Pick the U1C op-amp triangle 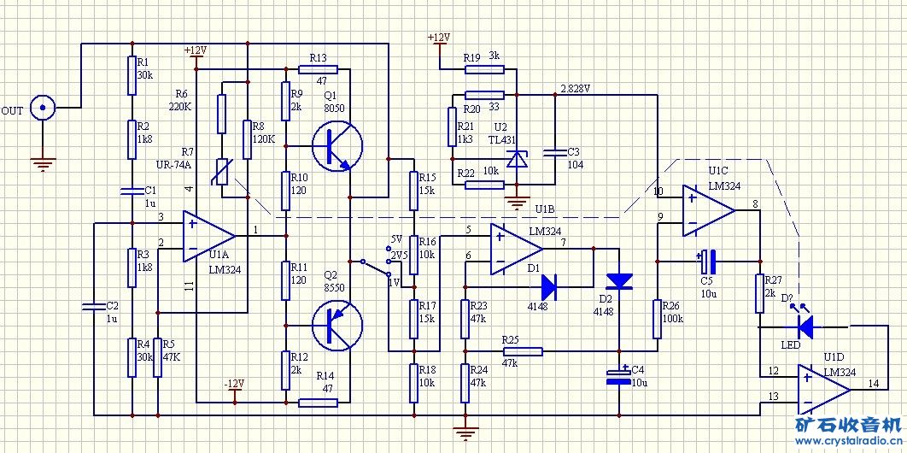[x=708, y=209]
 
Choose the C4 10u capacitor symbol [x=617, y=377]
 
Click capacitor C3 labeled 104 [x=555, y=153]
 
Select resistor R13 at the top [x=319, y=69]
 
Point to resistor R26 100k [x=658, y=318]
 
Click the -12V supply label [x=234, y=383]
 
